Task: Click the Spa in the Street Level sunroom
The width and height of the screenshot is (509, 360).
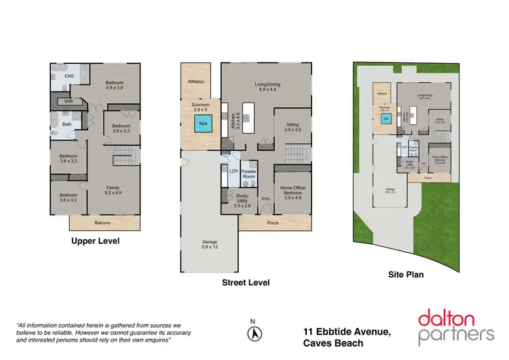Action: [x=201, y=124]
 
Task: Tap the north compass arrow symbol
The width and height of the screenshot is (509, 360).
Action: [x=252, y=333]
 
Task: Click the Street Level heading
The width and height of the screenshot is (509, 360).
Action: [x=246, y=282]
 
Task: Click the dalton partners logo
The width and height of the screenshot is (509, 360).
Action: [x=455, y=325]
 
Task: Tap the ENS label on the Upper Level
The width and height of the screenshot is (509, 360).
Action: [x=69, y=77]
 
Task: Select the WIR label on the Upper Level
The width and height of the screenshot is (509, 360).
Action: [x=69, y=101]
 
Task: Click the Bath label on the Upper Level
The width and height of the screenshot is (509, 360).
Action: [x=67, y=124]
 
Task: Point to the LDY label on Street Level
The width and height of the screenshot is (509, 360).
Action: [x=233, y=171]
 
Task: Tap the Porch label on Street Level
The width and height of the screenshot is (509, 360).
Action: [x=273, y=223]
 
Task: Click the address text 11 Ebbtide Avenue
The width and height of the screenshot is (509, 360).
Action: [x=347, y=331]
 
